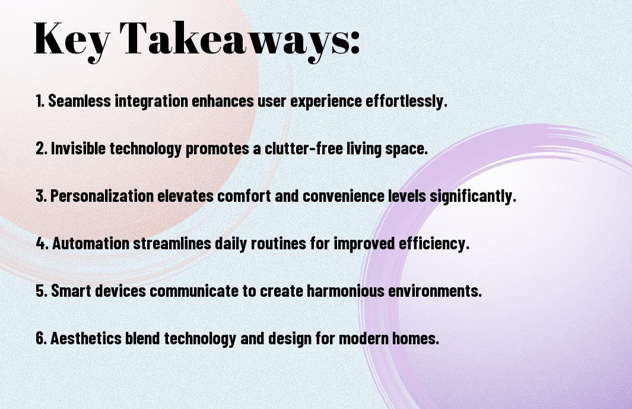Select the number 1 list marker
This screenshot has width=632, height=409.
click(x=40, y=101)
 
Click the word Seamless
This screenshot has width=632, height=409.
click(x=80, y=101)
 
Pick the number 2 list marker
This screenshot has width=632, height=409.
click(x=41, y=148)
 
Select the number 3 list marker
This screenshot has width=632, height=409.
click(x=41, y=196)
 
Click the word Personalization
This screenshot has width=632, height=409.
click(x=102, y=196)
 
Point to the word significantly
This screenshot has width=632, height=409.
click(x=472, y=196)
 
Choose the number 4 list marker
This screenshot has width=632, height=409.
click(x=42, y=243)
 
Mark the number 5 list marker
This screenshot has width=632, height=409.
click(x=42, y=291)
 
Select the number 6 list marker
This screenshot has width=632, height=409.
click(x=41, y=338)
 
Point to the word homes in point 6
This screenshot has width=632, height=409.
click(x=415, y=338)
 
